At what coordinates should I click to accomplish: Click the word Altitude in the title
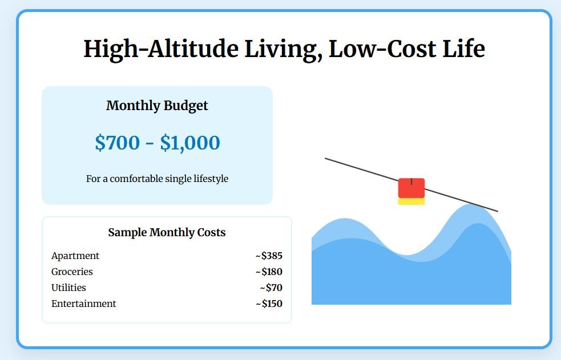pos(193,48)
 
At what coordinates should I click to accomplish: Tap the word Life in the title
pos(463,48)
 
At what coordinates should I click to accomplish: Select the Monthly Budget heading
pos(157,106)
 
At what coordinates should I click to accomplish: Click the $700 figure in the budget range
pos(118,142)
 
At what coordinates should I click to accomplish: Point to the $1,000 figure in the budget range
pos(190,143)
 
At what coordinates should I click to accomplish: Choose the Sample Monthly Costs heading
pos(167,232)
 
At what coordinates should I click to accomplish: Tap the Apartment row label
pos(75,256)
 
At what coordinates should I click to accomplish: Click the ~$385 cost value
pos(269,256)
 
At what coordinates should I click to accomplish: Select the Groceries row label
pos(72,272)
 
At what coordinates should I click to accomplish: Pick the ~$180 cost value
pos(269,272)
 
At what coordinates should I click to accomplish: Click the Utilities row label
pos(68,288)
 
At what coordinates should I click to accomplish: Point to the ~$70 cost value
pos(271,288)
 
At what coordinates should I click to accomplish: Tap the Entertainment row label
pos(84,304)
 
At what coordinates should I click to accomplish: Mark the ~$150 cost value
pos(269,304)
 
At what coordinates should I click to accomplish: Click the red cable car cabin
pos(411,188)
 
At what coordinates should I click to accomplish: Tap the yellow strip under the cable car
pos(411,201)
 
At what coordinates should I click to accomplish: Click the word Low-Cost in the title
pos(382,48)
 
